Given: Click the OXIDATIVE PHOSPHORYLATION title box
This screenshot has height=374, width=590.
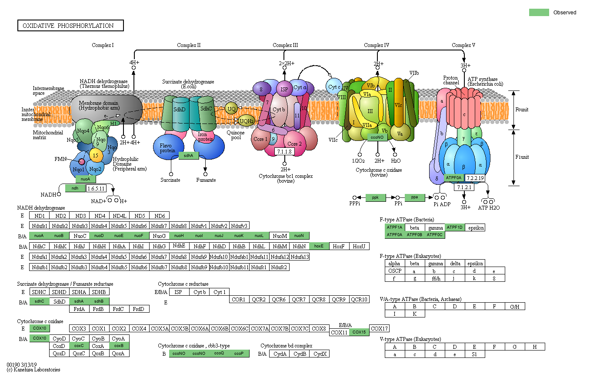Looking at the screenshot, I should point(70,26).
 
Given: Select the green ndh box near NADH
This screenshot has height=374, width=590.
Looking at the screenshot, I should point(75,188).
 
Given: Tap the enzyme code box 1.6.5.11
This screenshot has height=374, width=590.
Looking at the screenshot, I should point(96,188).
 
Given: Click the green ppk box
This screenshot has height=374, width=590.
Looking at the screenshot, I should point(376,197).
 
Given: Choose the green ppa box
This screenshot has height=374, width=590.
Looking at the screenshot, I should point(415,197).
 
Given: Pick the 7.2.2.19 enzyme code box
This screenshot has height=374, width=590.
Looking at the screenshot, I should point(475,178).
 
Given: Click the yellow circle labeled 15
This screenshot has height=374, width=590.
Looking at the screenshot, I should point(96,154).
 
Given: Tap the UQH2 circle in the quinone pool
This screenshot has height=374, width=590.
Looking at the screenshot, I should point(247,121).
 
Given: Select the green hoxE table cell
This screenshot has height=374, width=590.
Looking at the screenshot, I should point(319,246).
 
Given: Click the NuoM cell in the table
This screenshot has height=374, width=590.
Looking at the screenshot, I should point(279,236).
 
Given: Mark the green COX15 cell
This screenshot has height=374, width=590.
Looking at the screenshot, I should point(359,332).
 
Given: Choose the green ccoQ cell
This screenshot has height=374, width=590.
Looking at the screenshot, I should point(219,353).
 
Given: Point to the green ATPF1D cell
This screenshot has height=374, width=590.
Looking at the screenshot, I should point(455,227).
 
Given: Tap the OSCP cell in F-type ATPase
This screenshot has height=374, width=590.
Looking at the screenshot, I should point(395,271).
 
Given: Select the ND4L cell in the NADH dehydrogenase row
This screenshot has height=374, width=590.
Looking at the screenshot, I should point(120,216).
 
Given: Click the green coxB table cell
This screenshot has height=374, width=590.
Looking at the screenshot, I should point(119,346).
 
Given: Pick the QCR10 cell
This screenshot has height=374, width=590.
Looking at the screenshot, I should point(359,299).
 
